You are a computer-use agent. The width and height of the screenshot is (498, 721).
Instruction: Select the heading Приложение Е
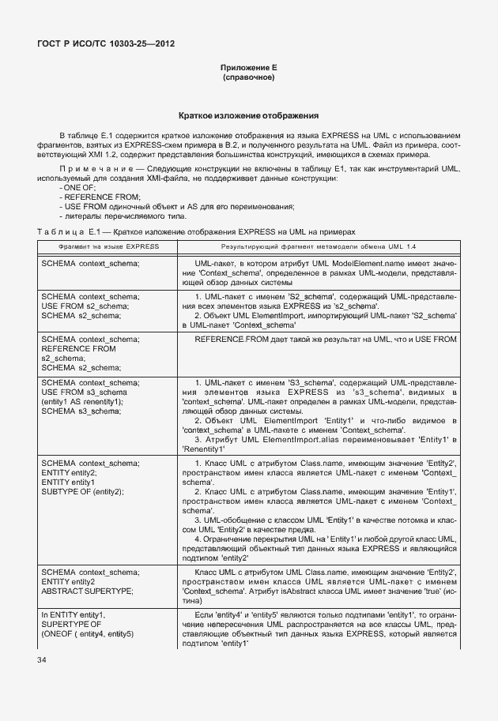tap(249, 69)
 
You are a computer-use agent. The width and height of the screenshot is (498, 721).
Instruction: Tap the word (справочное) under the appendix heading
tap(249, 78)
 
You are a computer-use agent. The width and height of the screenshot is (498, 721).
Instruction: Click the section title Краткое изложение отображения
tap(249, 115)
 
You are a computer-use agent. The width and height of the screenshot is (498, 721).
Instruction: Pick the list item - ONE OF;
tap(76, 188)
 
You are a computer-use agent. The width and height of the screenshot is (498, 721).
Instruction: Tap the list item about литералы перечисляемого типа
tap(123, 216)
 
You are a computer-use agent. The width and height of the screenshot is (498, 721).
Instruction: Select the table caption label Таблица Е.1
tap(66, 231)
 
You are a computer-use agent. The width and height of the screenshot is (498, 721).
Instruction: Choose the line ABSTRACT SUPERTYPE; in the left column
tap(88, 590)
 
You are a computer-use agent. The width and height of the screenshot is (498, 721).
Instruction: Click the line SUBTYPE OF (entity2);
tap(82, 491)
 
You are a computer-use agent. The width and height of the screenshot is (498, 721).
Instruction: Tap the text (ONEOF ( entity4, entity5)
tap(88, 633)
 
